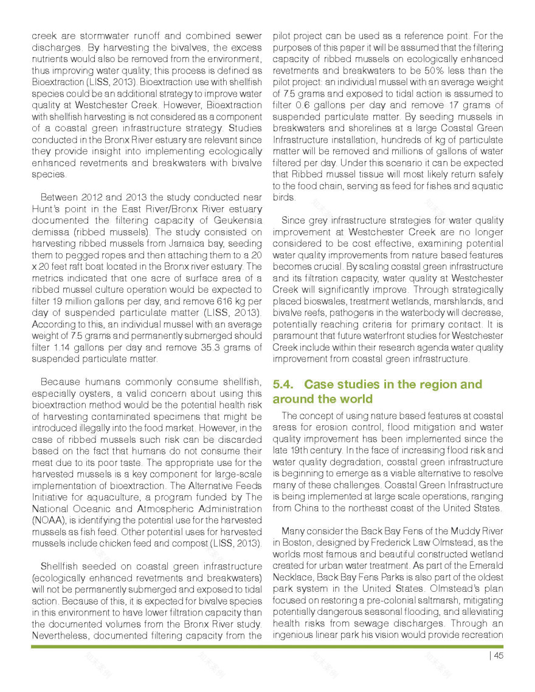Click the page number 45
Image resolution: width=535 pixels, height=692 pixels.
point(498,655)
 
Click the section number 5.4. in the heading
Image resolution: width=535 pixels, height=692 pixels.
point(285,385)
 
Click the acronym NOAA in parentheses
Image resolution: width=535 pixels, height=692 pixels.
point(47,520)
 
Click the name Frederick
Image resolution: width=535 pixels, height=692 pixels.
point(389,543)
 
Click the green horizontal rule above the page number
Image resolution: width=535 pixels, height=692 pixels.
point(267,646)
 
